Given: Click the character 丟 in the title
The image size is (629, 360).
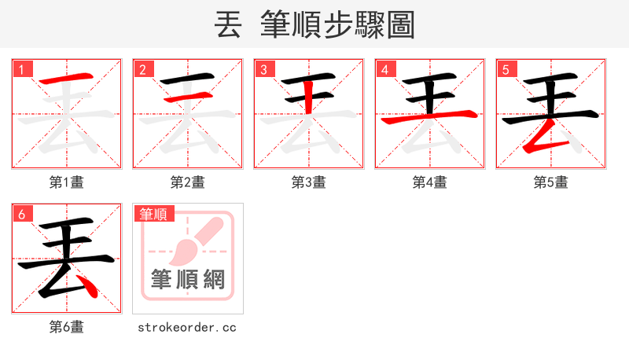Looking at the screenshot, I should pyautogui.click(x=228, y=25).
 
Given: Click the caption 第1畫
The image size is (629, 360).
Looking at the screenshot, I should pyautogui.click(x=67, y=182).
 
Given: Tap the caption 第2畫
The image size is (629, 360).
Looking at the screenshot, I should pyautogui.click(x=188, y=182).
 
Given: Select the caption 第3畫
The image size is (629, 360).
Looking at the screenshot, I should pyautogui.click(x=309, y=182).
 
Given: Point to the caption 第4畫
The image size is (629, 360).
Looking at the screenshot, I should pyautogui.click(x=430, y=182).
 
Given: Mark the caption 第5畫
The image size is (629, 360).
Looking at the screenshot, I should pyautogui.click(x=551, y=182).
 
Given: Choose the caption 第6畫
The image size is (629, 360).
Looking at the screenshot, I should pyautogui.click(x=67, y=327).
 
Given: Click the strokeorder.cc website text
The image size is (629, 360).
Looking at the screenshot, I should pyautogui.click(x=187, y=327).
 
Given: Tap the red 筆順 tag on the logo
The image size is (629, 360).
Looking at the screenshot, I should pyautogui.click(x=154, y=214).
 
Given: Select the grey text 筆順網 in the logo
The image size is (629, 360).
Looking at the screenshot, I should pyautogui.click(x=188, y=279).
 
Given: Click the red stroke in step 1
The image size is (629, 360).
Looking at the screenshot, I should pyautogui.click(x=66, y=80).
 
